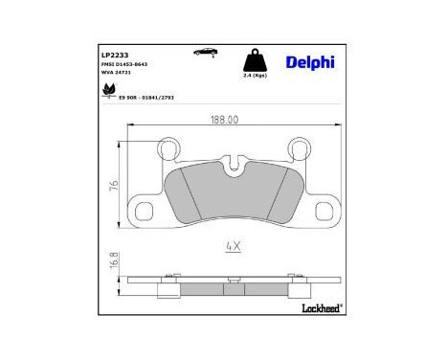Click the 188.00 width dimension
coord(224,121)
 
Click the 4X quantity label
coord(231,246)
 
